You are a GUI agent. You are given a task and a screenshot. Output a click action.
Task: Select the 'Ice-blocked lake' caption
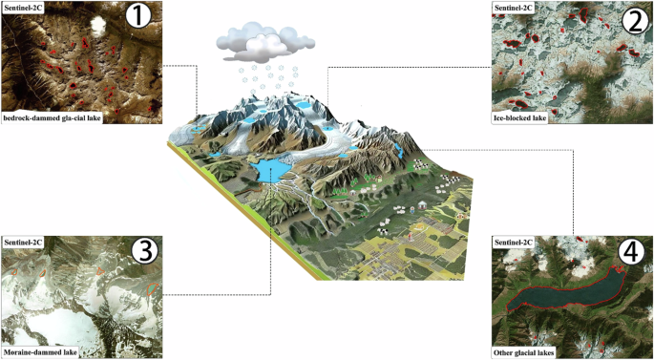tap(521, 117)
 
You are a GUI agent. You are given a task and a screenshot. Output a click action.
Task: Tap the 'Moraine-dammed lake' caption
tap(41, 352)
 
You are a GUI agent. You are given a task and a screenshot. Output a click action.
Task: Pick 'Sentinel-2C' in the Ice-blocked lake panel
tap(514, 8)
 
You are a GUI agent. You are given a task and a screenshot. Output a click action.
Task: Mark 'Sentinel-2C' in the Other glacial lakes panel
tap(514, 243)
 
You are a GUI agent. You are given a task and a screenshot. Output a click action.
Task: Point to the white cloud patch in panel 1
tap(96, 25)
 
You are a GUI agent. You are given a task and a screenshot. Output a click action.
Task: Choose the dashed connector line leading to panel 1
tap(181, 66)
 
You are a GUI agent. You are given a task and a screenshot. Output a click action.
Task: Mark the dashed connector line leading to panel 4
tap(573, 191)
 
